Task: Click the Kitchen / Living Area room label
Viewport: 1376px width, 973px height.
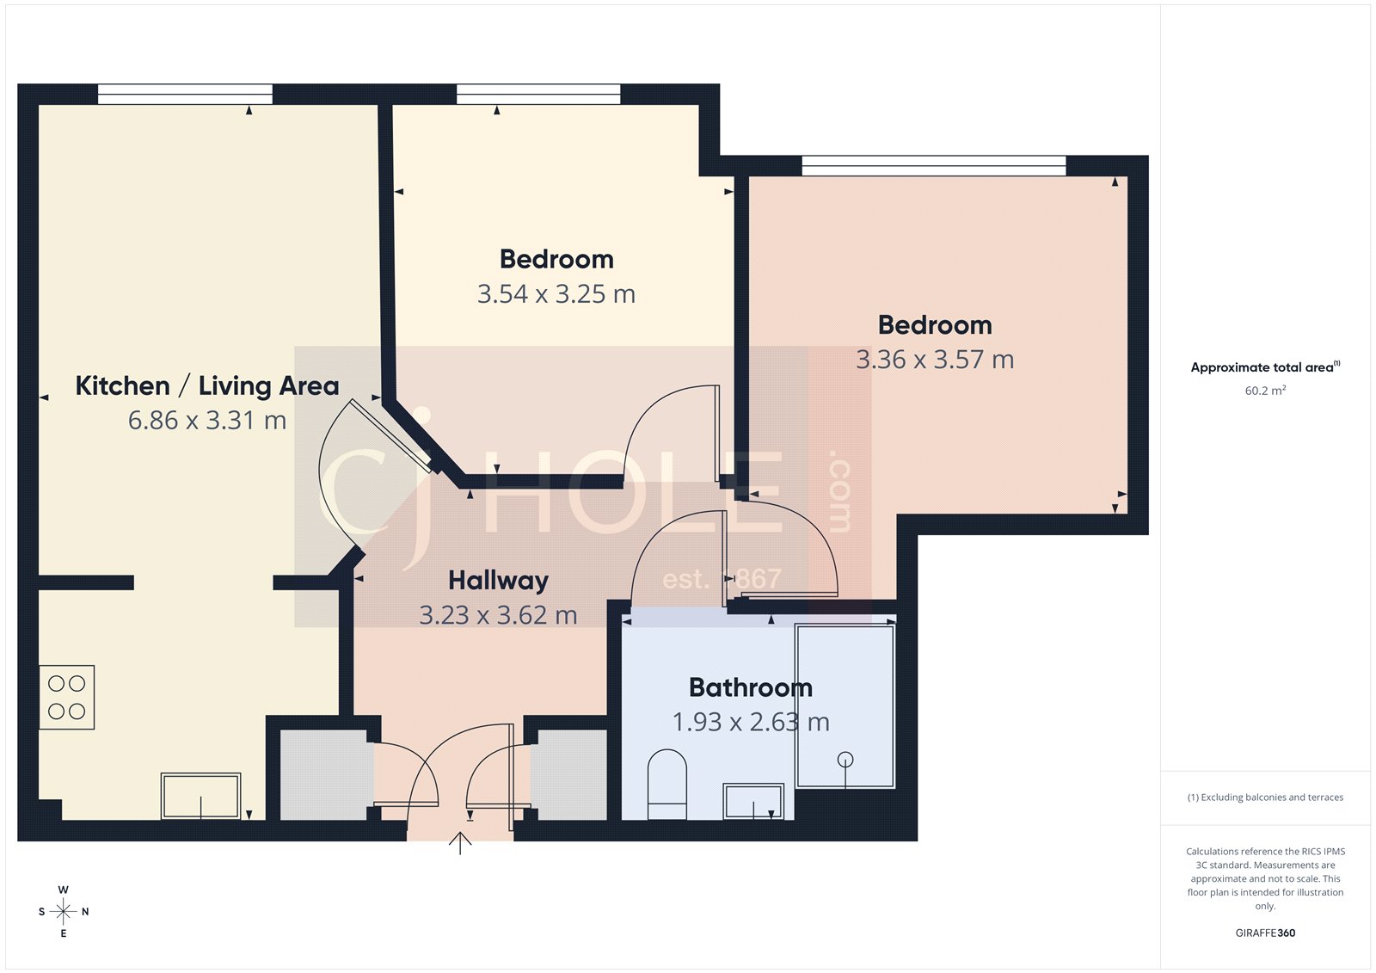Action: (207, 385)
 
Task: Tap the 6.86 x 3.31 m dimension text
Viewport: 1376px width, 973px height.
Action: (207, 421)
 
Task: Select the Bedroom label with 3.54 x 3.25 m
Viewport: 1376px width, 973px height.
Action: (556, 259)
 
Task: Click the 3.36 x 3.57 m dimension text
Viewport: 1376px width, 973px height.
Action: (935, 360)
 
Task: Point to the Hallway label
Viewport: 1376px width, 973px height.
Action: (498, 581)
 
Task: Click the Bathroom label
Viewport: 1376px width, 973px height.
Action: (750, 687)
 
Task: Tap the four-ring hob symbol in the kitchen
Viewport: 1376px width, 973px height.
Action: (66, 698)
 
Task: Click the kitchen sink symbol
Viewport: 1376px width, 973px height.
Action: (200, 796)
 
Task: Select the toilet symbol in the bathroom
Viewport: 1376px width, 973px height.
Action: (666, 783)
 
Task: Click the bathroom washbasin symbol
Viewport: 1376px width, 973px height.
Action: (753, 801)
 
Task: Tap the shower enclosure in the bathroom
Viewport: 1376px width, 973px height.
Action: (845, 706)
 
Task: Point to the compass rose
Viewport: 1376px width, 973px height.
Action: (63, 911)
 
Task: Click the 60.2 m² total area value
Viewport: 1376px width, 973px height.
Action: (1265, 391)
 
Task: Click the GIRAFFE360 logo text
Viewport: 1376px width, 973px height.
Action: (1265, 933)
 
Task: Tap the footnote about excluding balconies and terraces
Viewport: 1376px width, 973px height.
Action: (1265, 797)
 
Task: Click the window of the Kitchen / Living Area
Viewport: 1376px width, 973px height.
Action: (185, 94)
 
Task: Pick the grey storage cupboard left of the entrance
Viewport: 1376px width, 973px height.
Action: (326, 774)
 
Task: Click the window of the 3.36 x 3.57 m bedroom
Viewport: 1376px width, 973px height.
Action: (933, 165)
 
